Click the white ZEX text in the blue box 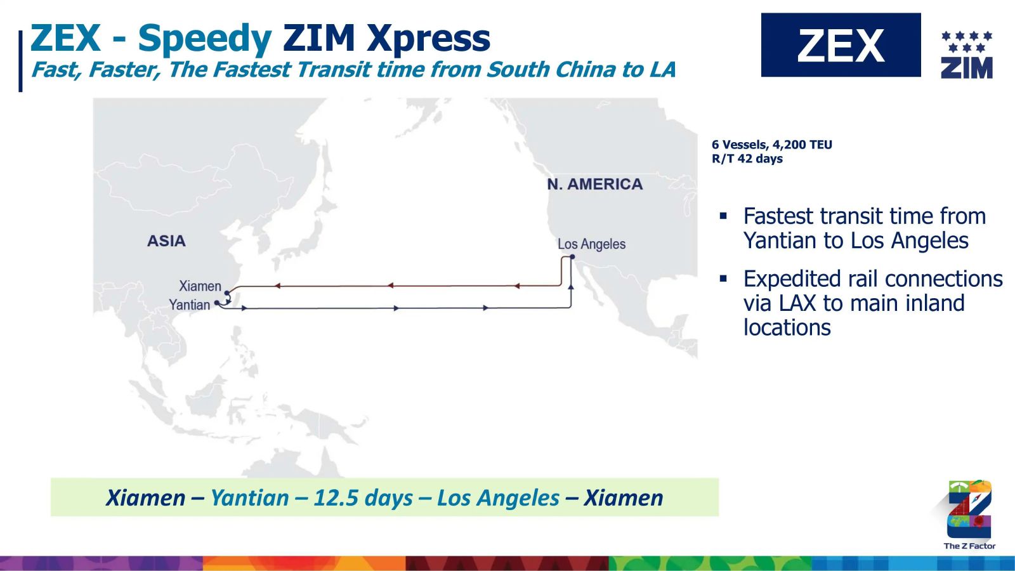[x=841, y=45]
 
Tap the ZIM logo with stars [x=967, y=55]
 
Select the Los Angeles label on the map [x=591, y=244]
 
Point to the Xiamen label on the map [x=200, y=286]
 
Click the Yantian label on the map [x=190, y=305]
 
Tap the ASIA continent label [x=166, y=240]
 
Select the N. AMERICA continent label [x=595, y=184]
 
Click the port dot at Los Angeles [x=572, y=257]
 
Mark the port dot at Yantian [x=216, y=303]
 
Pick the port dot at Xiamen [x=226, y=293]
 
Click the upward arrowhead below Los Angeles [x=571, y=287]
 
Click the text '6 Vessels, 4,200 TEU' [x=771, y=145]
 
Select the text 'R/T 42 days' [x=747, y=159]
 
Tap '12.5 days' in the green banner [x=363, y=497]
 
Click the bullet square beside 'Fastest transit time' [x=723, y=216]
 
